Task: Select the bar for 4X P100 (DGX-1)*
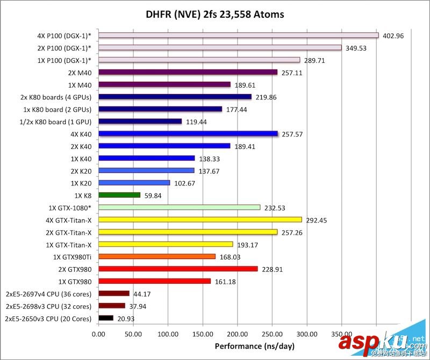239,35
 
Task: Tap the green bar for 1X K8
119,195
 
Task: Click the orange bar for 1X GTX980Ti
157,256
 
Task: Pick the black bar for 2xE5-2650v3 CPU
106,318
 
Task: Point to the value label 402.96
393,36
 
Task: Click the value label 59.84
155,196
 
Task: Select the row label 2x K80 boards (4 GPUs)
55,97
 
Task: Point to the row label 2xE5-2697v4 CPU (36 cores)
48,294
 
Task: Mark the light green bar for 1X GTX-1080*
180,207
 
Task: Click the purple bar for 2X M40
188,72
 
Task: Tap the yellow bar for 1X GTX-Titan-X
166,244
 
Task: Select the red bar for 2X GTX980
178,269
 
